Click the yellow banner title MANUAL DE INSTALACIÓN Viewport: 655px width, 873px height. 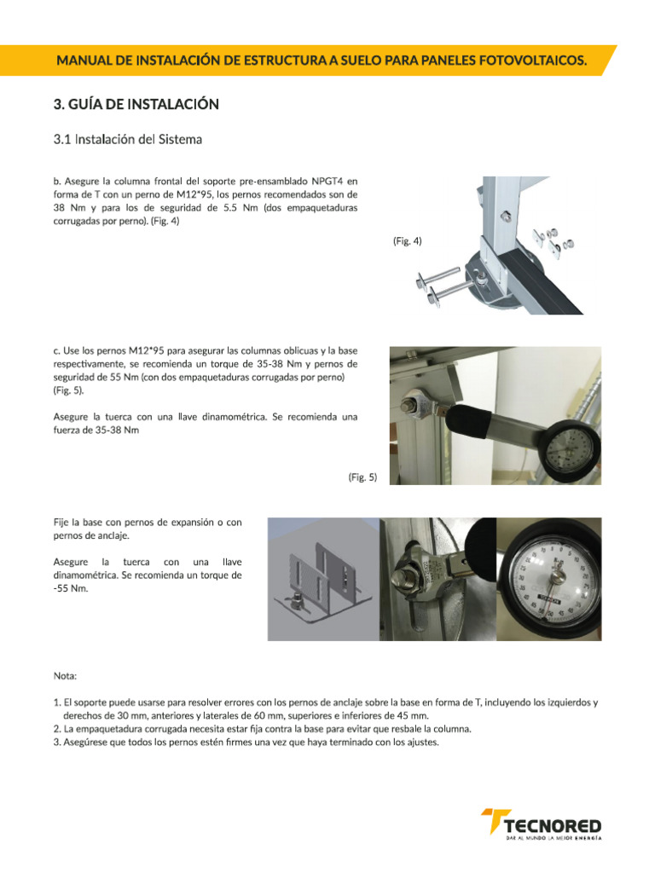point(322,61)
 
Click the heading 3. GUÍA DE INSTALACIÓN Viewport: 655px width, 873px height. point(136,104)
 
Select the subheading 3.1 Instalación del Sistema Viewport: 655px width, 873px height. point(128,139)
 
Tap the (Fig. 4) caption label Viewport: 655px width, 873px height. point(407,241)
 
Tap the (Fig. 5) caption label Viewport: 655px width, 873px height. point(362,477)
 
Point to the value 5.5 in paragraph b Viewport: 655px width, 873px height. point(230,208)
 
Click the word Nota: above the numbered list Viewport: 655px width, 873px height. point(65,676)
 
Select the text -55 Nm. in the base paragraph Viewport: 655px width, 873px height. point(71,588)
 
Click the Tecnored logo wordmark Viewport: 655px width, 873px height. point(553,825)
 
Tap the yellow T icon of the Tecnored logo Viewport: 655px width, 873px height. point(494,821)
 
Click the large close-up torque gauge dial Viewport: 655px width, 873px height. point(550,579)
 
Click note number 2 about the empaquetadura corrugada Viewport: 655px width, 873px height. point(263,729)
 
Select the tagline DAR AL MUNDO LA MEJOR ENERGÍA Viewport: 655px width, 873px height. point(554,837)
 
